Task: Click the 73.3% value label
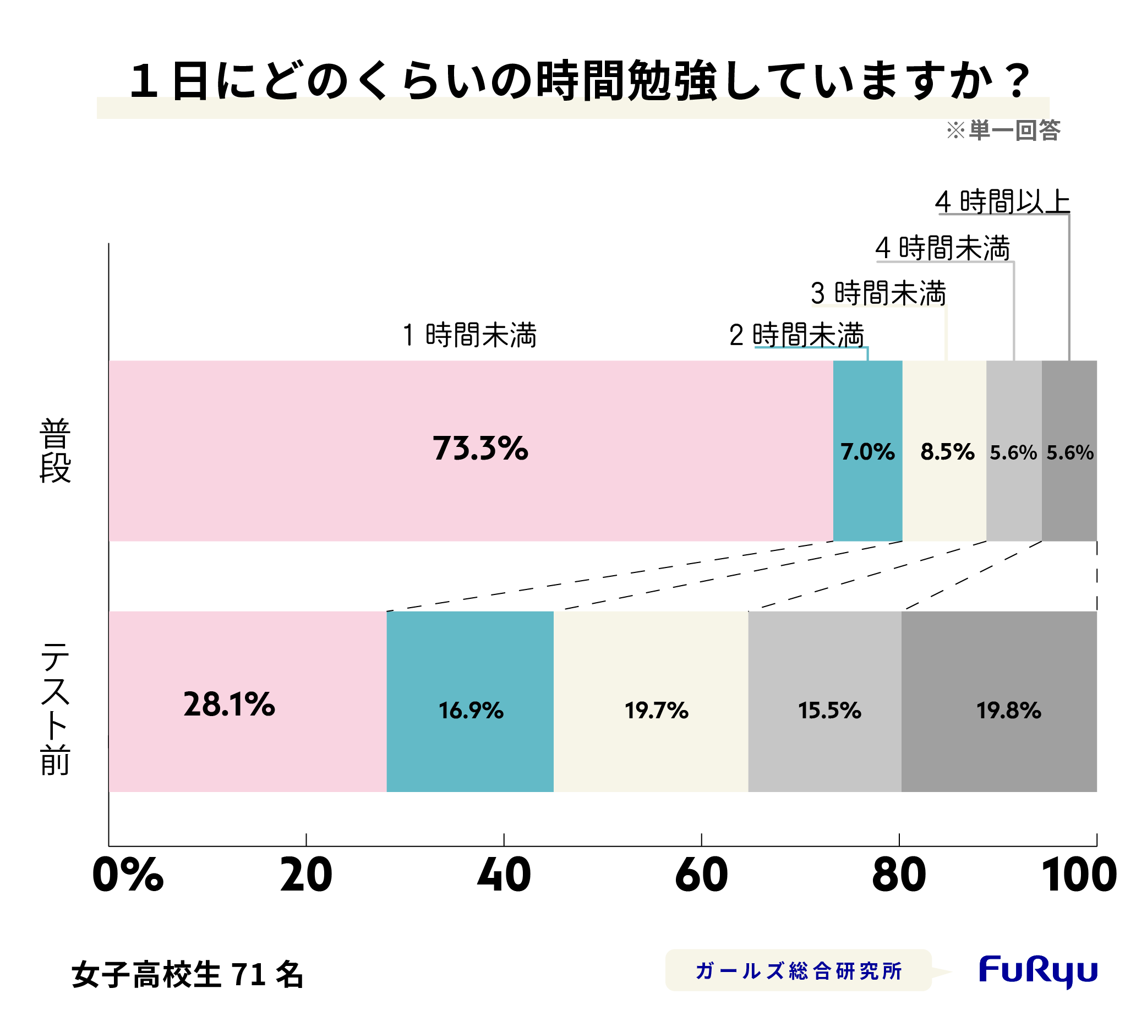(480, 449)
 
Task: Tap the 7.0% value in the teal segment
(867, 452)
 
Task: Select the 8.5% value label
(947, 452)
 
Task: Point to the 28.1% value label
(229, 705)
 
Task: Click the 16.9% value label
(471, 711)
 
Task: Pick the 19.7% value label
(656, 711)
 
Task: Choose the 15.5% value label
(829, 711)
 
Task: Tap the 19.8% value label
(1008, 711)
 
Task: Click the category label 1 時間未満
(469, 335)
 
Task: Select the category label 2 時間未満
(796, 335)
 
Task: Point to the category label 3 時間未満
(878, 293)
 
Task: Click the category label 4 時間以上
(1002, 202)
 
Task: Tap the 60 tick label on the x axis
(701, 876)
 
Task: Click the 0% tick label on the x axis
(128, 876)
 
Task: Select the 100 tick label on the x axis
(1078, 876)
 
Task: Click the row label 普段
(55, 450)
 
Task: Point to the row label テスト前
(55, 709)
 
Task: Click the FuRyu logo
(1037, 971)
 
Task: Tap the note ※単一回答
(1003, 130)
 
